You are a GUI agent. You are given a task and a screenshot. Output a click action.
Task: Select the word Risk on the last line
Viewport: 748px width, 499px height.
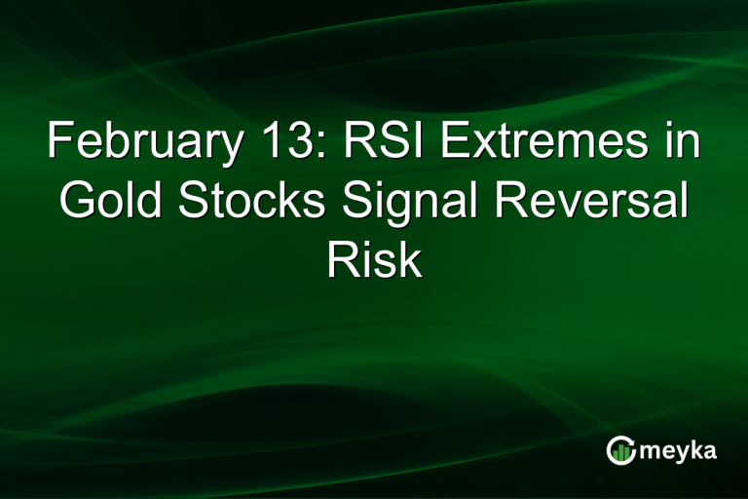374,260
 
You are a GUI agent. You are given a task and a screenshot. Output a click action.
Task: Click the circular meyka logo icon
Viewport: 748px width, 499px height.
620,450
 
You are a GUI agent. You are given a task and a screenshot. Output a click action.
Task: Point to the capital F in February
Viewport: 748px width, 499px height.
58,144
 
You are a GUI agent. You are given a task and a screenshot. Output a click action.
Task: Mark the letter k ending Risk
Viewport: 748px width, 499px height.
410,260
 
